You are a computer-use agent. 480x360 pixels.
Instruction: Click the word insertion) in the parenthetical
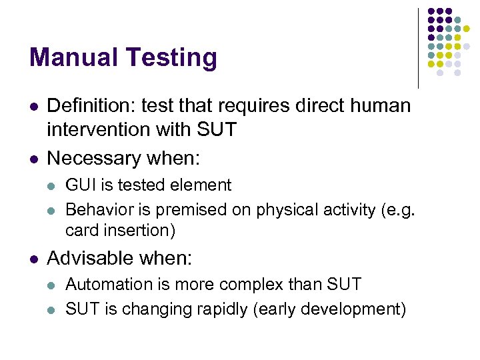(147, 231)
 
